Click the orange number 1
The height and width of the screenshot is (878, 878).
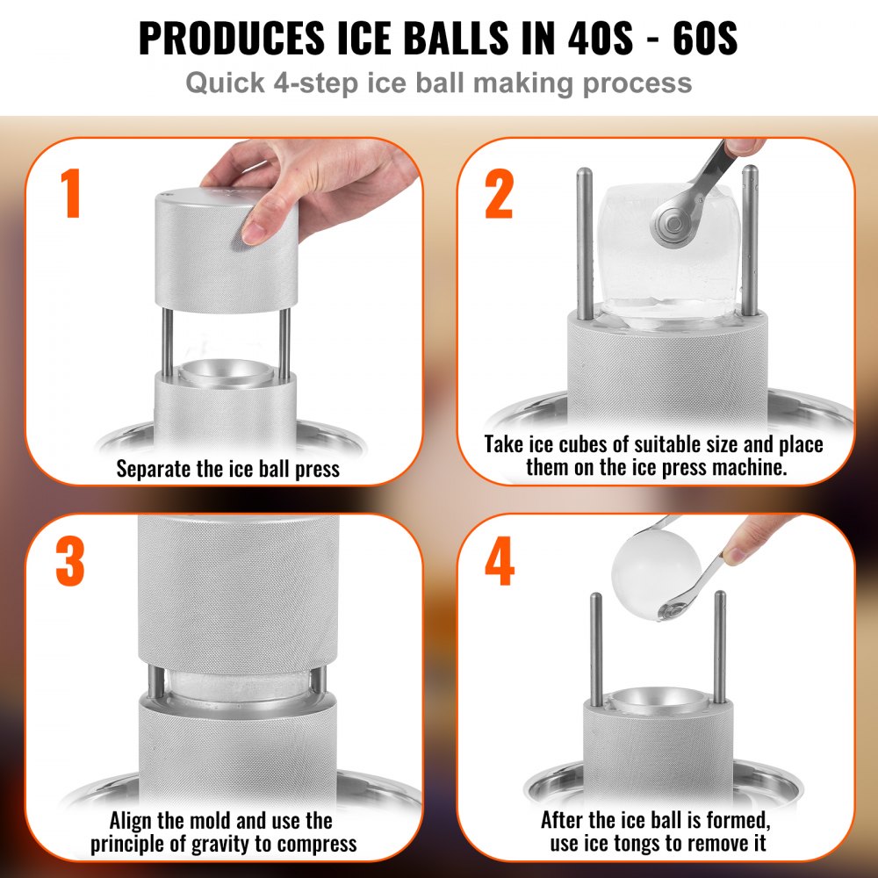72,194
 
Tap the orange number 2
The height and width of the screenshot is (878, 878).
499,194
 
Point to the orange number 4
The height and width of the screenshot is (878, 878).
499,563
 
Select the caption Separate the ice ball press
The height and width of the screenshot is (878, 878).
227,469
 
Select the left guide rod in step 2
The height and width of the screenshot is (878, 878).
584,241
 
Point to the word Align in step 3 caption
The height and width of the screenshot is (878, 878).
134,822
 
